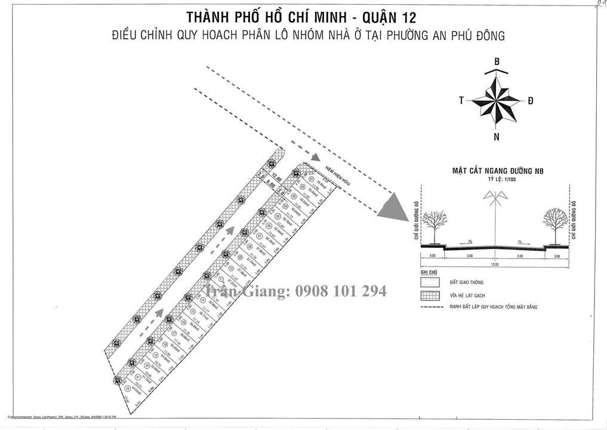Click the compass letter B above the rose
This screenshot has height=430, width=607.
[x=497, y=62]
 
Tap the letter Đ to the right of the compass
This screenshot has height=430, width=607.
[x=530, y=101]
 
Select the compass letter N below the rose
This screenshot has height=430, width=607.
[x=497, y=137]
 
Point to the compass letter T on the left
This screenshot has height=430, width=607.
[x=461, y=101]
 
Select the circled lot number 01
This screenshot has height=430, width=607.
[x=310, y=179]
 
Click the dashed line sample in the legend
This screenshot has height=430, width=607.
[x=430, y=308]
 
